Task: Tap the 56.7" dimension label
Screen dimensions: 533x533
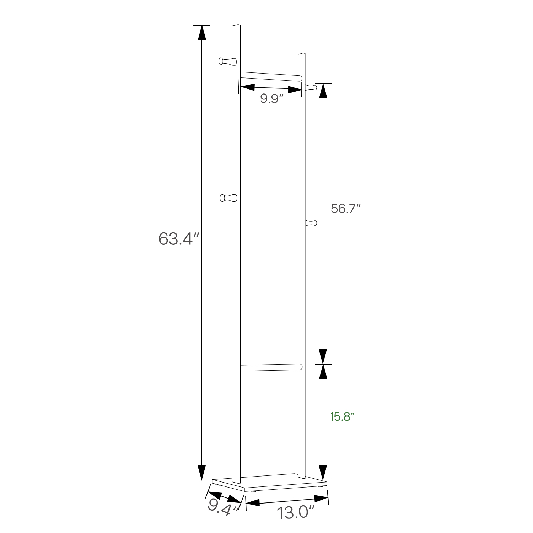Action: [x=346, y=208]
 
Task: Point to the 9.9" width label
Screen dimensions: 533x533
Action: [x=271, y=99]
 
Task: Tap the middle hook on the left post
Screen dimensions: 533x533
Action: [x=227, y=198]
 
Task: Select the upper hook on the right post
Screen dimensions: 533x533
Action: [x=311, y=87]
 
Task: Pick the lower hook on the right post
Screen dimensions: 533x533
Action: [x=311, y=223]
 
